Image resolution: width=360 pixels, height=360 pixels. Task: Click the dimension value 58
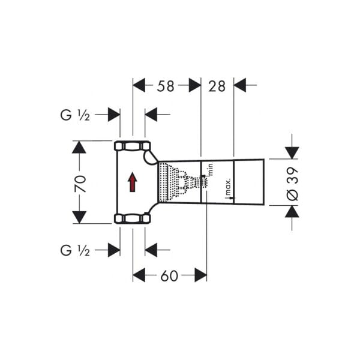[x=166, y=86]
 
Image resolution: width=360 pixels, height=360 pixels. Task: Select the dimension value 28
[x=217, y=86]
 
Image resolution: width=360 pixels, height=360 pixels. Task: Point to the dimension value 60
[x=170, y=275]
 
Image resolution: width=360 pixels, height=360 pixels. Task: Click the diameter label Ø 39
[x=293, y=182]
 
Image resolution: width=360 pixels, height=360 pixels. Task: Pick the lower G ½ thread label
[x=75, y=250]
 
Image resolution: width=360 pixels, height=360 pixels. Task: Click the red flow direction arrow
[x=133, y=182]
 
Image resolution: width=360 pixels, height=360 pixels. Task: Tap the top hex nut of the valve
[x=133, y=146]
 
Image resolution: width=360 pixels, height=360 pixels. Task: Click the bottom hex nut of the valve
[x=133, y=218]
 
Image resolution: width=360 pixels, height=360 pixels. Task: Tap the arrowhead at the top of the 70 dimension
[x=79, y=147]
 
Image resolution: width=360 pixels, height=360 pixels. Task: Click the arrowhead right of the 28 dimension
[x=240, y=86]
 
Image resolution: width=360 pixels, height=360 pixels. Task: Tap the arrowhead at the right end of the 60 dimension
[x=200, y=275]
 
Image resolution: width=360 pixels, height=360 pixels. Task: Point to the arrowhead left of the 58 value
[x=139, y=86]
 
